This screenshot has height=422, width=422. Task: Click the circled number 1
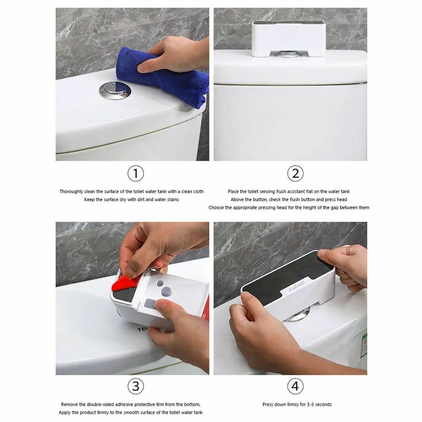coord(135,173)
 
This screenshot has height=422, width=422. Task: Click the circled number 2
coord(295,173)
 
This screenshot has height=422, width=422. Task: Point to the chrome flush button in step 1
coord(115,90)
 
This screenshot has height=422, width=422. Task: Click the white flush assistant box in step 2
coord(289,39)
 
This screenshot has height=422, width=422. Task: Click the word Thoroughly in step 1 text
coord(71,192)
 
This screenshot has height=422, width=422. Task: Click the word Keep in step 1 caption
coord(89,199)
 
